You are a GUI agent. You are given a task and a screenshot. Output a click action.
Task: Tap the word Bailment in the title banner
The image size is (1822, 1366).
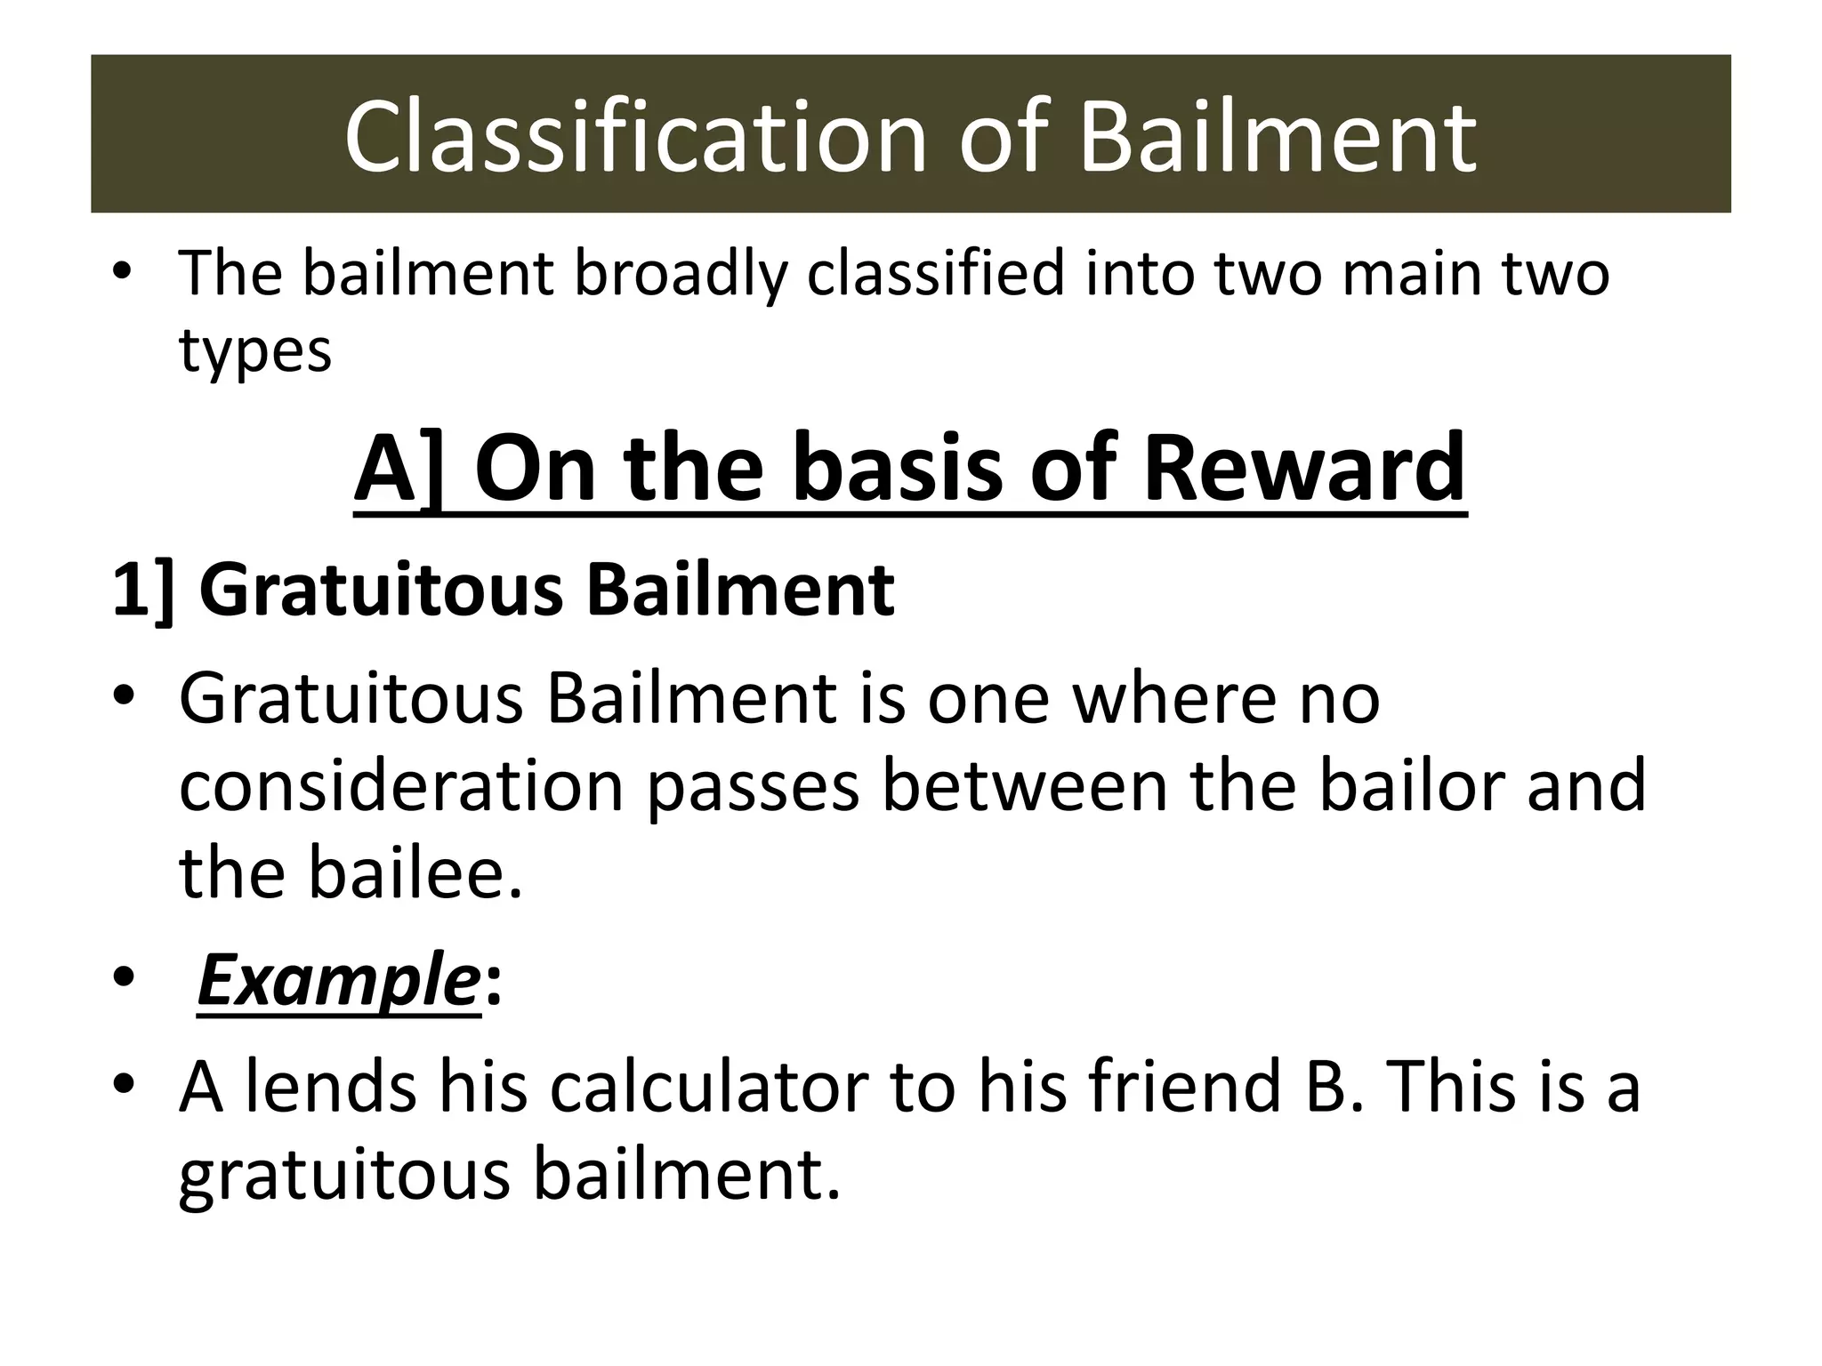(1278, 138)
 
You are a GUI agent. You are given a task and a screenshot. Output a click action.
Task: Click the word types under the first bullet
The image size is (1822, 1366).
(255, 351)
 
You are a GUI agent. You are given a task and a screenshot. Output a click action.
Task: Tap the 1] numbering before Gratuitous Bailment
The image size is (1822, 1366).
(143, 591)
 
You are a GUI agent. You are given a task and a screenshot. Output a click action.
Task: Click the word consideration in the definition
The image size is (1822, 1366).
(401, 786)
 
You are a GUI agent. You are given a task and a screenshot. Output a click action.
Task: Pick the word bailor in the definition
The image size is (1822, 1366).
(1410, 786)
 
